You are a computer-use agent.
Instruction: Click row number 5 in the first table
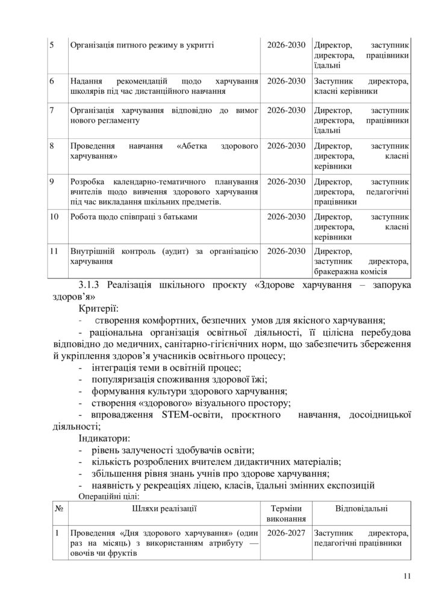pos(52,45)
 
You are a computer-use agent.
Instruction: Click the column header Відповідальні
pos(361,508)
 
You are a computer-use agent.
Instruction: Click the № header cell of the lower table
pos(60,508)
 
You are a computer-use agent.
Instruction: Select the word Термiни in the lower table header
pos(286,508)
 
